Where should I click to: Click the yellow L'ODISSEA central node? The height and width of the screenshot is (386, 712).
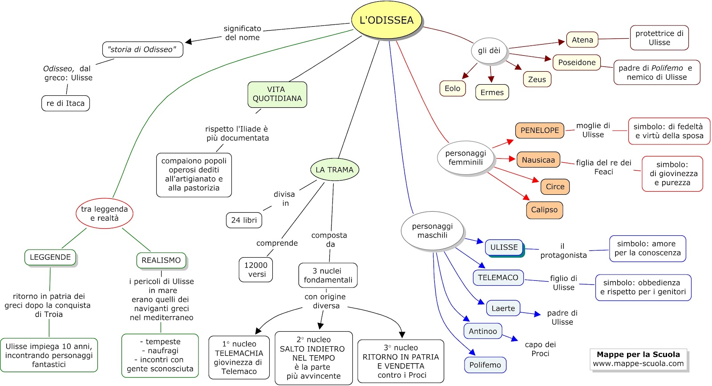[x=386, y=20]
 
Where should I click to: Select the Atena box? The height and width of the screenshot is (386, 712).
[x=582, y=40]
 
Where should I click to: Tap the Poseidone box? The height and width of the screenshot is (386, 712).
[x=577, y=62]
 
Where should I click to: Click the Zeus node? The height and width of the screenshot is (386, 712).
[x=537, y=79]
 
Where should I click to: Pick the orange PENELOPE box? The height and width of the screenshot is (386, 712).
[x=539, y=130]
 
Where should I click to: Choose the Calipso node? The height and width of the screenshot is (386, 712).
[x=544, y=210]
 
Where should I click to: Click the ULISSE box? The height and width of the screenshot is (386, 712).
[x=504, y=247]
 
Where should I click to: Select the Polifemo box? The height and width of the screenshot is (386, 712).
[x=485, y=365]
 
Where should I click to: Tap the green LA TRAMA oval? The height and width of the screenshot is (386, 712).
[x=334, y=170]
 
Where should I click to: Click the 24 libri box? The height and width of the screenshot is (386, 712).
[x=244, y=220]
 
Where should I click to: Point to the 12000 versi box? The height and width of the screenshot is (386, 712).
[x=256, y=270]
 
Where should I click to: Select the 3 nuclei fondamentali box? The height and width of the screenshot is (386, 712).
[x=328, y=275]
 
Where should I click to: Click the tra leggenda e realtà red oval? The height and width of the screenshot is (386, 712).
[x=104, y=214]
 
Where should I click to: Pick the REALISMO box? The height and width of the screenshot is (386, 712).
[x=161, y=260]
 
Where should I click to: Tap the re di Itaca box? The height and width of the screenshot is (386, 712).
[x=65, y=103]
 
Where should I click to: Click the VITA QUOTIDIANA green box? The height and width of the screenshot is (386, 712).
[x=277, y=94]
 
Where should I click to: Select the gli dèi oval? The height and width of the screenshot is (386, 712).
[x=489, y=50]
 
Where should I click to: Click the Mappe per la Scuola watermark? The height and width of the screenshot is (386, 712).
[x=638, y=359]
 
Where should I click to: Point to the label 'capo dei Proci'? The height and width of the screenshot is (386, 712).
[x=540, y=349]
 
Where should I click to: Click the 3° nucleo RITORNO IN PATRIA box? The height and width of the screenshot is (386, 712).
[x=400, y=361]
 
